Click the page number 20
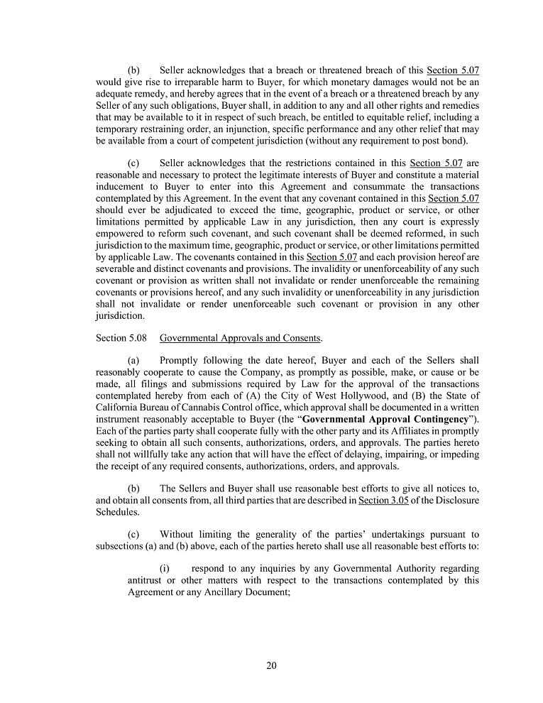[271, 665]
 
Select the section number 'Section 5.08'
[121, 338]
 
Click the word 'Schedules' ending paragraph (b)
[117, 512]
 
